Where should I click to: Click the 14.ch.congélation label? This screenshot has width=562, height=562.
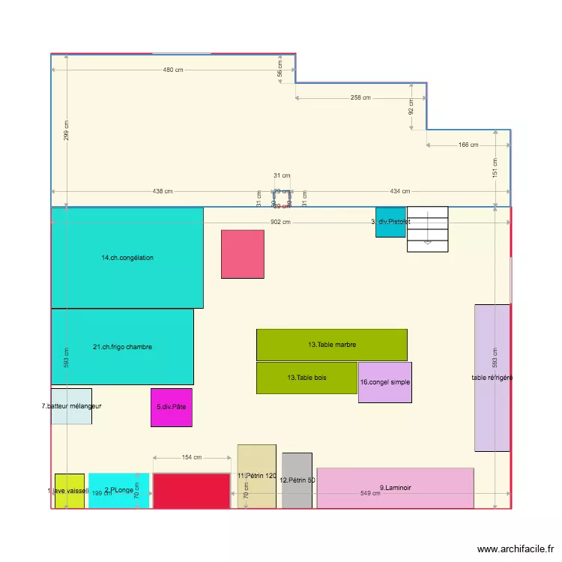tap(127, 258)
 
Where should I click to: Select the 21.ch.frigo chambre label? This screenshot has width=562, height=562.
tap(122, 347)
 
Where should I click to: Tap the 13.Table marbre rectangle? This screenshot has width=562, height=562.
tap(331, 345)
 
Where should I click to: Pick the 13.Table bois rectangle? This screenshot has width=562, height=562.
tap(306, 378)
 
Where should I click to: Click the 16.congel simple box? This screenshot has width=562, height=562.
tap(384, 382)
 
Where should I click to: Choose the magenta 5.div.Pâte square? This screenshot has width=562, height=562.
tap(171, 407)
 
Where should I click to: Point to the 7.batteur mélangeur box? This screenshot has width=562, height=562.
tap(71, 406)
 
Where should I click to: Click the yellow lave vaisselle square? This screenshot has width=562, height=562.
tap(70, 491)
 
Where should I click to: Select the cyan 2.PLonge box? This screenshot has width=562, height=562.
tap(118, 491)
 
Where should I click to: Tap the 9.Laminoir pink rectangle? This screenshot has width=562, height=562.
tap(395, 488)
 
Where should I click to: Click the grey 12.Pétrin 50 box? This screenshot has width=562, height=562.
tap(297, 480)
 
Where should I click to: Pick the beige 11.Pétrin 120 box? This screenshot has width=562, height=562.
tap(256, 477)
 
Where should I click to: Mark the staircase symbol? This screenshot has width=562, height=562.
tap(427, 229)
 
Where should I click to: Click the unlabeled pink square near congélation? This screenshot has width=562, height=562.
tap(242, 254)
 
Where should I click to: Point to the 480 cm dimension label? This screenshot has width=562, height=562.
tap(173, 70)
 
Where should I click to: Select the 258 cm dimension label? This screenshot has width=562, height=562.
tap(360, 98)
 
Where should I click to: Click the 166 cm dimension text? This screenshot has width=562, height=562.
tap(468, 145)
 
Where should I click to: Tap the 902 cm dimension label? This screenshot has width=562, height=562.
tap(280, 222)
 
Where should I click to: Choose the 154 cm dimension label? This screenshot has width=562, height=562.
tap(192, 457)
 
